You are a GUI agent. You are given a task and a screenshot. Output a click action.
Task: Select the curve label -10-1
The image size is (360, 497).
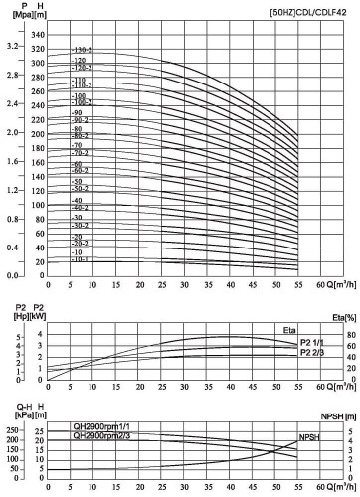coord(80,260)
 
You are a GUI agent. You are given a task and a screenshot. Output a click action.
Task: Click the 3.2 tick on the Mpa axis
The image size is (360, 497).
coord(14,48)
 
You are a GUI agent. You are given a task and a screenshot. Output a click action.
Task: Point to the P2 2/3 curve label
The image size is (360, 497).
coord(312,352)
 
